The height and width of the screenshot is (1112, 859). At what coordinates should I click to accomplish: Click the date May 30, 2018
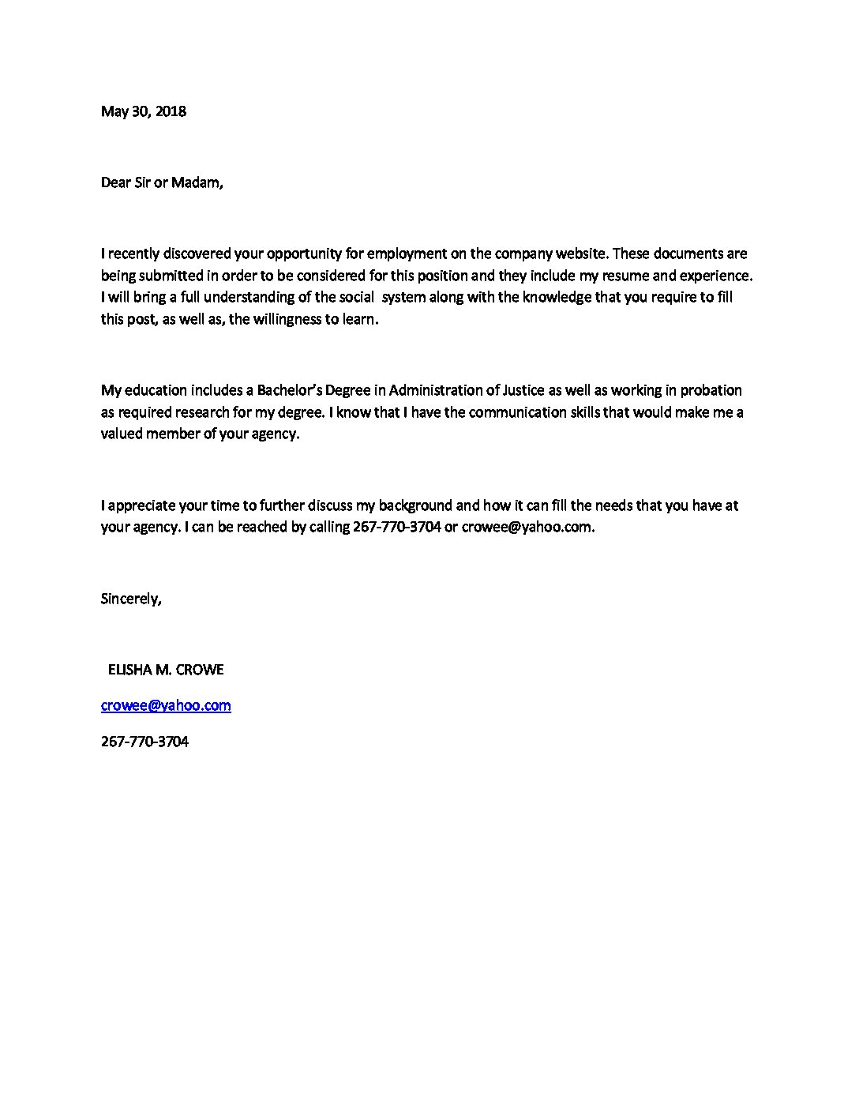pyautogui.click(x=143, y=111)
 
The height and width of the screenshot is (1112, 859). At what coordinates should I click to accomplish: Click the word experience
pyautogui.click(x=716, y=276)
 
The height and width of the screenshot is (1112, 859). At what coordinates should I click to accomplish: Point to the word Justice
pyautogui.click(x=523, y=390)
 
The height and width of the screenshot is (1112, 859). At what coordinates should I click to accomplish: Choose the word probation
pyautogui.click(x=711, y=390)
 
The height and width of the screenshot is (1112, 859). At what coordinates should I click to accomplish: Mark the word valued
pyautogui.click(x=122, y=434)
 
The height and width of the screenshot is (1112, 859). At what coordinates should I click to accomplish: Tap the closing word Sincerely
pyautogui.click(x=131, y=599)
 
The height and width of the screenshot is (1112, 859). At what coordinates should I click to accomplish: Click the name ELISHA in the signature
pyautogui.click(x=129, y=670)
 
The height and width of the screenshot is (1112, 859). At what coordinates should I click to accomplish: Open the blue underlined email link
pyautogui.click(x=166, y=705)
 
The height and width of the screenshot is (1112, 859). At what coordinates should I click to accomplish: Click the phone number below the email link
pyautogui.click(x=144, y=742)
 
